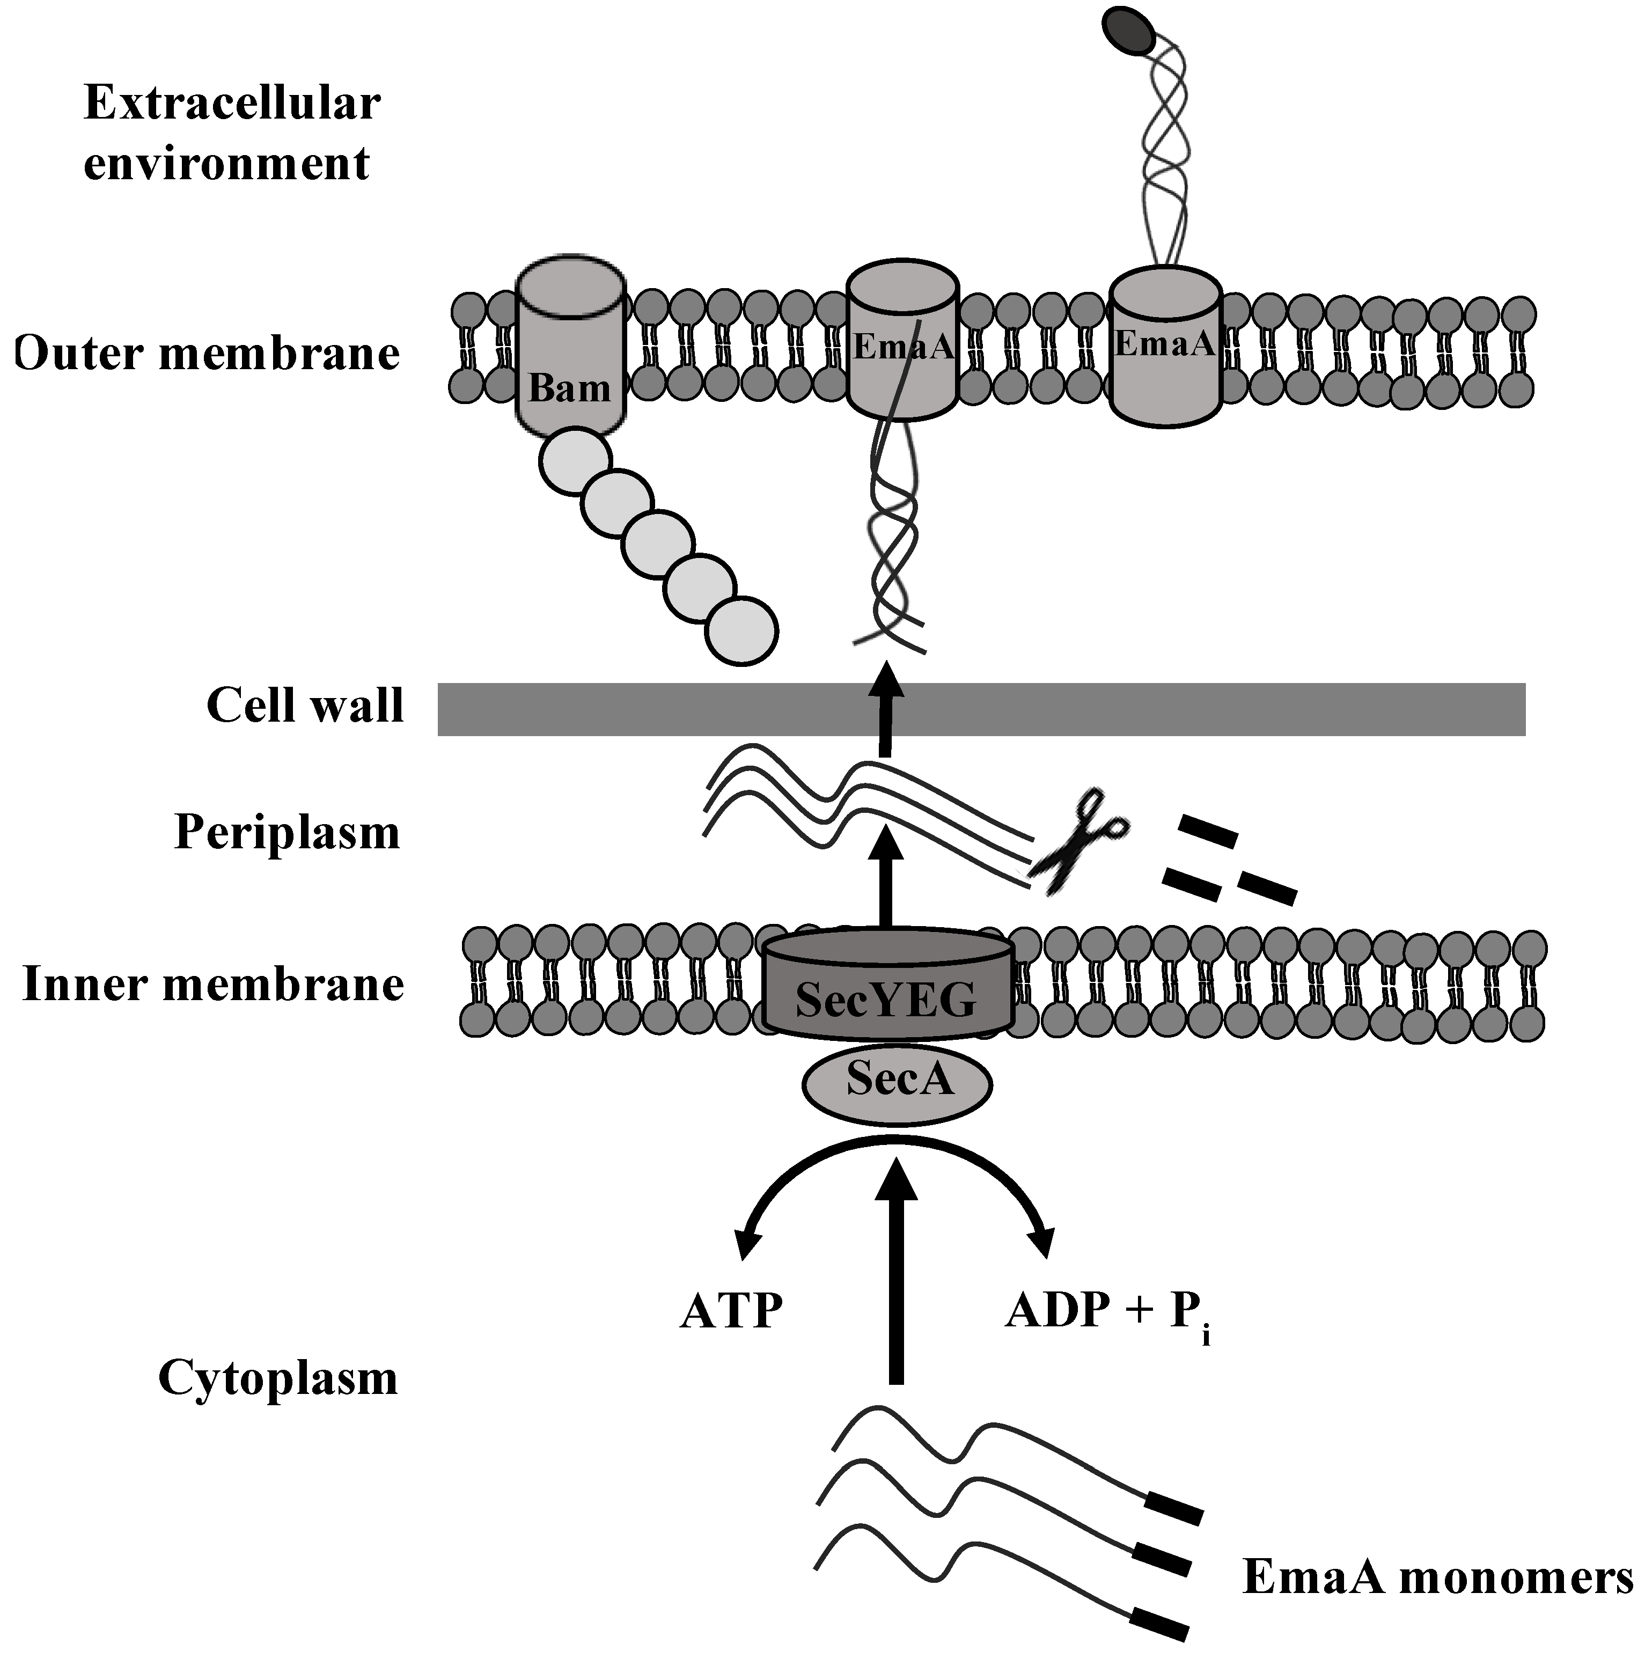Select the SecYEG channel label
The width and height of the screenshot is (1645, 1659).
coord(886,999)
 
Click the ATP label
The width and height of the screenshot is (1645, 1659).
coord(731,1311)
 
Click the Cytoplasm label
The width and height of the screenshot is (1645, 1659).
coord(278,1378)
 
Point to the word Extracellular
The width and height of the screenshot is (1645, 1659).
coord(232,104)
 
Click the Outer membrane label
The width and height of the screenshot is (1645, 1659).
coord(208,353)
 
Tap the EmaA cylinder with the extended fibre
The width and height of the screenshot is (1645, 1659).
coord(1164,348)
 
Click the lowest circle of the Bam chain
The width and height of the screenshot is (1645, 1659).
coord(742,630)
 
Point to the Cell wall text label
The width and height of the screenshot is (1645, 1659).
coord(305,706)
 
